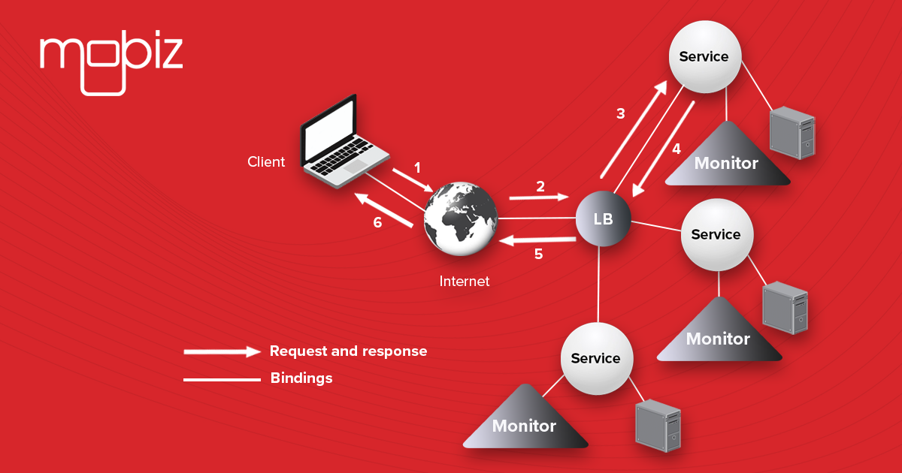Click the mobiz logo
coord(111,60)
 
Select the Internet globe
coord(461,218)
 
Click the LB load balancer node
coord(603,219)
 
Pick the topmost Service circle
coord(704,57)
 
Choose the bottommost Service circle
coord(595,359)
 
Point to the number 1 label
coord(419,167)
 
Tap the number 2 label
coord(540,186)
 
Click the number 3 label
coord(620,114)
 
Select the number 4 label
coord(676,149)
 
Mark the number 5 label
coord(538,254)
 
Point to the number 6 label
coord(377,222)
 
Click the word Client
coord(266,161)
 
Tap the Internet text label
coord(464,282)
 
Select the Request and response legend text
coord(348,351)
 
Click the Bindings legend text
coord(301,378)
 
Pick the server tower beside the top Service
coord(792,134)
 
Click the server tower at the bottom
coord(658,426)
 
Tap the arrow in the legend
coord(222,351)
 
